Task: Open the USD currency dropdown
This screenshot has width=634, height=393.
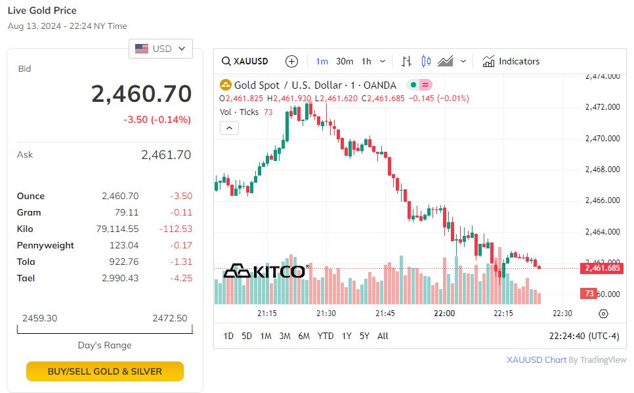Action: click(x=161, y=49)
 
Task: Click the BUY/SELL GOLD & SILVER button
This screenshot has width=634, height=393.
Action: click(x=105, y=371)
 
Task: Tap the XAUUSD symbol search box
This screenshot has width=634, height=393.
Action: click(x=245, y=61)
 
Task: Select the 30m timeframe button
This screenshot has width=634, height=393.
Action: click(x=345, y=61)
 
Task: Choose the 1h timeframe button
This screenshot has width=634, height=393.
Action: click(x=366, y=61)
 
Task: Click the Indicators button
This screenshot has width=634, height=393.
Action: click(x=511, y=61)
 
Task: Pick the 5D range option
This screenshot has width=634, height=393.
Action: click(x=247, y=336)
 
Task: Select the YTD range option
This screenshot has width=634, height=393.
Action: click(x=326, y=336)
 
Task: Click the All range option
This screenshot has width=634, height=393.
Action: click(x=383, y=336)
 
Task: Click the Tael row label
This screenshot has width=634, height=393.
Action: click(x=26, y=278)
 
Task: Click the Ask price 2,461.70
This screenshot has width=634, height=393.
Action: click(x=166, y=155)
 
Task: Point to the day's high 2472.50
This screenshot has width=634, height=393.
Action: click(x=169, y=318)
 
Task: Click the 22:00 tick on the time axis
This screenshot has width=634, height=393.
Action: click(x=444, y=313)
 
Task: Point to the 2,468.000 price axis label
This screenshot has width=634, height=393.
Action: click(x=602, y=170)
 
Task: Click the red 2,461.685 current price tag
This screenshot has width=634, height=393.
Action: click(x=601, y=268)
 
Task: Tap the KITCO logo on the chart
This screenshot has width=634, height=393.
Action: click(x=265, y=271)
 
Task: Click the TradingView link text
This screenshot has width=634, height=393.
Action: click(x=603, y=360)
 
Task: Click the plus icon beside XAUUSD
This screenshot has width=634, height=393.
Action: click(x=292, y=61)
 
